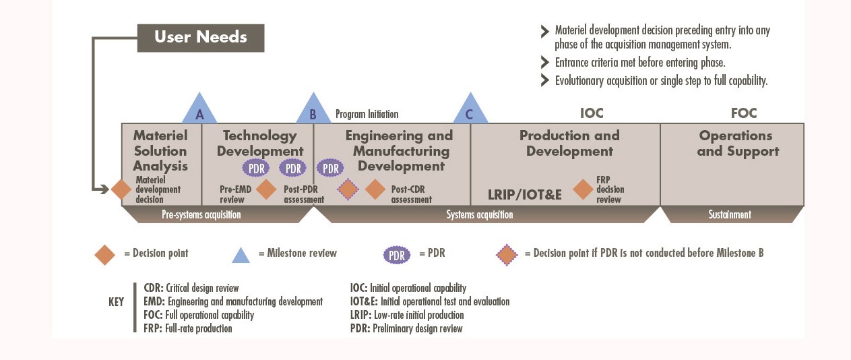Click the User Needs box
tap(201, 38)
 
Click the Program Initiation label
tap(367, 114)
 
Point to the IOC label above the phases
tap(592, 113)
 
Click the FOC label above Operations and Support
tap(744, 113)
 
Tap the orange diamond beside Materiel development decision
tap(121, 189)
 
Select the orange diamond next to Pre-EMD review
tap(266, 189)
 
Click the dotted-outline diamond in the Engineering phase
tap(348, 189)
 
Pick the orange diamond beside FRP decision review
tap(583, 189)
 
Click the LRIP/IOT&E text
tap(525, 195)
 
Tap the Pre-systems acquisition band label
tap(201, 215)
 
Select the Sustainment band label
tap(730, 215)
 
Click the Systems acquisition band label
tap(480, 215)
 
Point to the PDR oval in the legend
tap(397, 255)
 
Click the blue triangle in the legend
tap(241, 255)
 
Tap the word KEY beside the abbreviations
tap(117, 302)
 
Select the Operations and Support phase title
tap(738, 144)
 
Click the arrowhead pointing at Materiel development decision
tap(105, 189)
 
